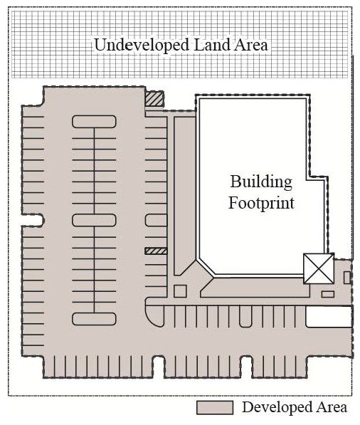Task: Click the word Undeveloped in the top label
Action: (142, 46)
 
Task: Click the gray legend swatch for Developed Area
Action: (215, 408)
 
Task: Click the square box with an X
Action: (319, 269)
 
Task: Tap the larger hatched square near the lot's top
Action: (154, 99)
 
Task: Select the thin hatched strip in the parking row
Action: (156, 251)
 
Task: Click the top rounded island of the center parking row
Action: (94, 122)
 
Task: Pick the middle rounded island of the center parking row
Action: (94, 220)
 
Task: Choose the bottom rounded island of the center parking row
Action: (94, 319)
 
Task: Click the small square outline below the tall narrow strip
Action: (180, 291)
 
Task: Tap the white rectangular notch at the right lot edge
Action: (329, 316)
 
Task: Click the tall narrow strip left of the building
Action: (184, 196)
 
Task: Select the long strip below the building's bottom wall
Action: (255, 288)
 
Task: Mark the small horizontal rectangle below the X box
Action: (328, 294)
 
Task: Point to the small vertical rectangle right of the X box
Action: (347, 278)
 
